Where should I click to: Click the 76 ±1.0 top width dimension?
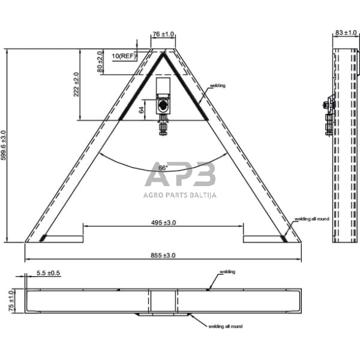(163, 35)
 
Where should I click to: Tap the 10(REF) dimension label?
(124, 56)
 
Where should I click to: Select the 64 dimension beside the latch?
(142, 110)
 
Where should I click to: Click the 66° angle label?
(163, 168)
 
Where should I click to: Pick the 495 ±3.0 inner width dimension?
(163, 223)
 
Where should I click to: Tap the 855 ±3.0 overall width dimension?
(162, 255)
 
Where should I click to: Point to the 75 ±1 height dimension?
(11, 301)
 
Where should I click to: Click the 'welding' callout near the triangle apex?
(217, 86)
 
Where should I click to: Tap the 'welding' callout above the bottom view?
(227, 271)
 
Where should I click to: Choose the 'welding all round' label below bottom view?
(225, 327)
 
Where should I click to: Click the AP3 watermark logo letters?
(180, 175)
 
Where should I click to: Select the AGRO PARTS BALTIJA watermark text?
(180, 195)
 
